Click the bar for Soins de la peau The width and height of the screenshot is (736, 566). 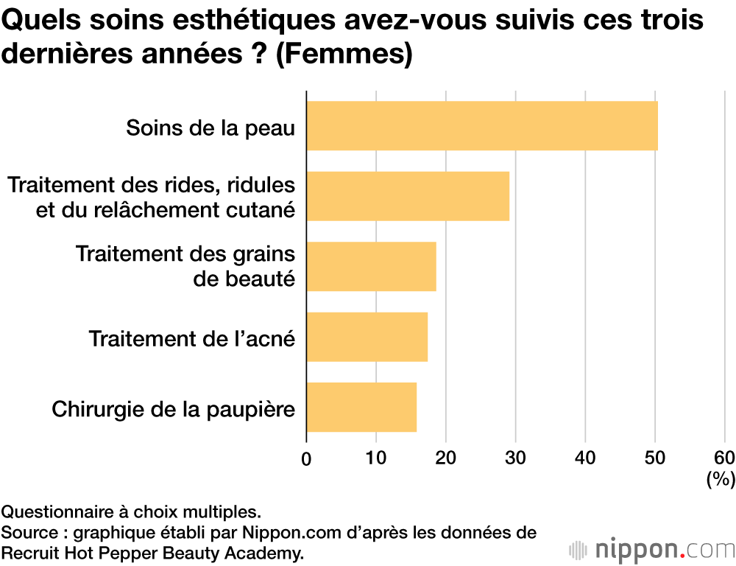(481, 126)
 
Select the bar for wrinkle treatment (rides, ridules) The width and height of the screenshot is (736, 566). (407, 196)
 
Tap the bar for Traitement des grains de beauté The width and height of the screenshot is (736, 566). (371, 266)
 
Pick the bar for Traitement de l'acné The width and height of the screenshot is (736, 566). (367, 337)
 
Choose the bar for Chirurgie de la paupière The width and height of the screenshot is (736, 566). (361, 407)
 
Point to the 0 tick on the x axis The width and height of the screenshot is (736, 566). (306, 458)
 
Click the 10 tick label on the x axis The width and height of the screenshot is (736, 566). (376, 458)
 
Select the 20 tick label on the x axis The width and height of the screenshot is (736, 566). (446, 458)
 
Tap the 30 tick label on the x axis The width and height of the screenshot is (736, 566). (515, 458)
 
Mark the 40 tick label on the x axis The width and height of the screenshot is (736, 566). (585, 458)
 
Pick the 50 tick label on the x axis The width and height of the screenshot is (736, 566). (655, 458)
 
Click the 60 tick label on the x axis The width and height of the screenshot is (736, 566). (724, 458)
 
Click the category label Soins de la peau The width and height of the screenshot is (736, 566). (210, 127)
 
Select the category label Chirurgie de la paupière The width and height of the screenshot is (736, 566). (173, 408)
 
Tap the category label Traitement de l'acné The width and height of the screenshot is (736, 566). (191, 338)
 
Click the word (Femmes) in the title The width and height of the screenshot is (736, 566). (344, 55)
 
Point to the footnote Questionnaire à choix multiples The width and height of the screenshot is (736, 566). (130, 511)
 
